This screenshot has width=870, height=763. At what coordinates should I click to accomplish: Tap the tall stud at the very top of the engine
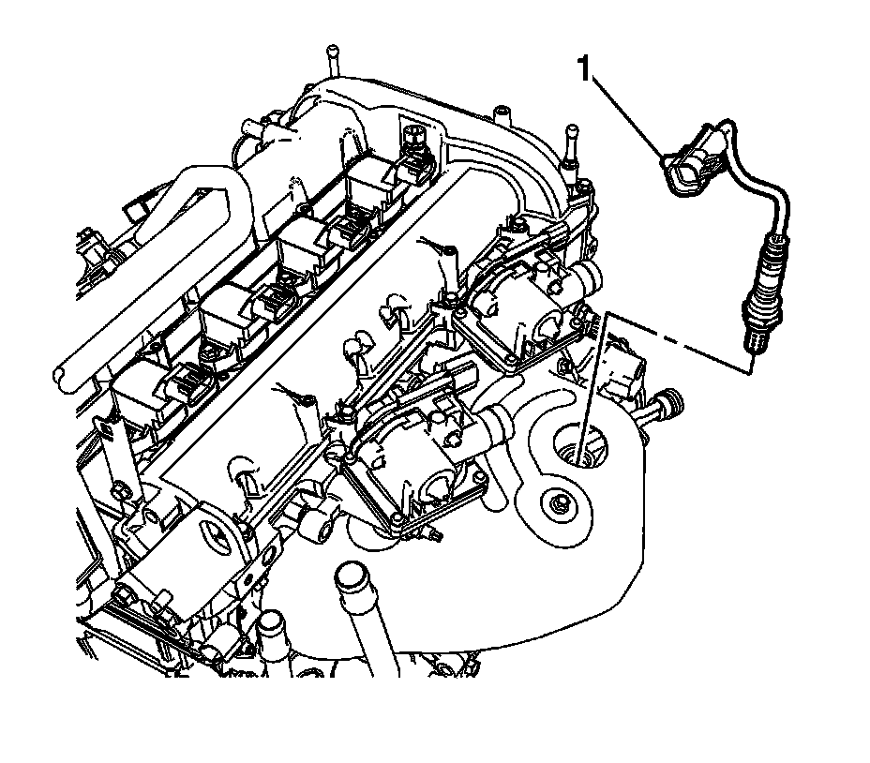(x=332, y=61)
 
